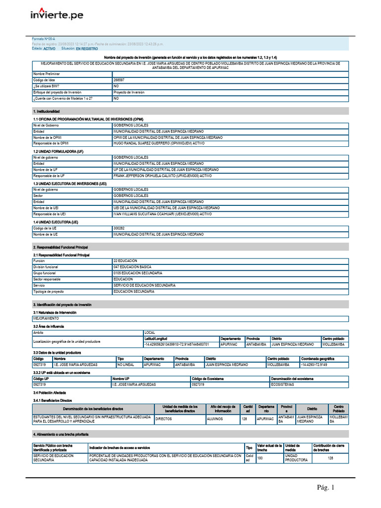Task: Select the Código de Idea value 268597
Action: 119,80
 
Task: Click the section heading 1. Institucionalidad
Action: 46,111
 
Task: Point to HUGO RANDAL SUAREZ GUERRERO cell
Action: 162,143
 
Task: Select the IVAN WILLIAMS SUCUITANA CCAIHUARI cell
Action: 162,214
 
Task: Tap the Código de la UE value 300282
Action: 119,228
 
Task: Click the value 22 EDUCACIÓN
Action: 125,260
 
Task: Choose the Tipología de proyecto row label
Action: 49,292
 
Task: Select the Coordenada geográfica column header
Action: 317,358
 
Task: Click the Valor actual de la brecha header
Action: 269,447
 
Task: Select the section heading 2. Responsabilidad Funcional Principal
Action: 61,247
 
